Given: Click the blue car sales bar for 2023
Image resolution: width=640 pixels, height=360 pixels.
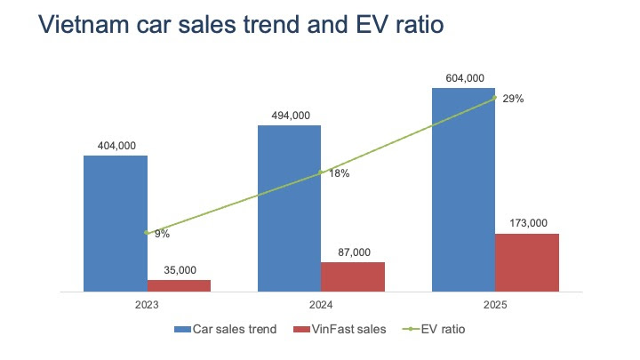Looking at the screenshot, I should click(x=116, y=222).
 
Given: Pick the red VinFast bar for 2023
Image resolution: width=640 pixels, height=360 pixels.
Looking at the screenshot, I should click(x=179, y=285).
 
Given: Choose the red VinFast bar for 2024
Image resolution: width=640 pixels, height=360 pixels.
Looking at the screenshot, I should click(x=353, y=276).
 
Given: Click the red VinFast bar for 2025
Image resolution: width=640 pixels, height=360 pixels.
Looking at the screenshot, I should click(x=527, y=262).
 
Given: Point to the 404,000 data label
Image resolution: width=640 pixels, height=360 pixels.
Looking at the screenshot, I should click(x=116, y=146).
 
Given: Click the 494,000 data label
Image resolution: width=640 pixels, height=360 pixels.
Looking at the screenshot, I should click(x=289, y=115).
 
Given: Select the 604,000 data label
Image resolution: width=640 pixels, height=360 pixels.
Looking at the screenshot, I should click(x=463, y=78).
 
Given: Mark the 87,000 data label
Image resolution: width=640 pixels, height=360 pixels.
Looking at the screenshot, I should click(x=353, y=252).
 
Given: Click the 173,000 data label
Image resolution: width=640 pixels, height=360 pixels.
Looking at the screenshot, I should click(x=527, y=224).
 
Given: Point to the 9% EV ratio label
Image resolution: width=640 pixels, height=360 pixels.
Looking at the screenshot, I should click(x=162, y=235).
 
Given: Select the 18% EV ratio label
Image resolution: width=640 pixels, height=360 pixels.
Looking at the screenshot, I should click(x=339, y=174).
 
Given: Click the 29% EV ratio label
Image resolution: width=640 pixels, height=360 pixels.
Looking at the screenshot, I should click(x=513, y=100).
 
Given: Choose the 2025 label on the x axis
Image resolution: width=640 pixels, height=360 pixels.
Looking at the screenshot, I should click(x=495, y=305).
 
